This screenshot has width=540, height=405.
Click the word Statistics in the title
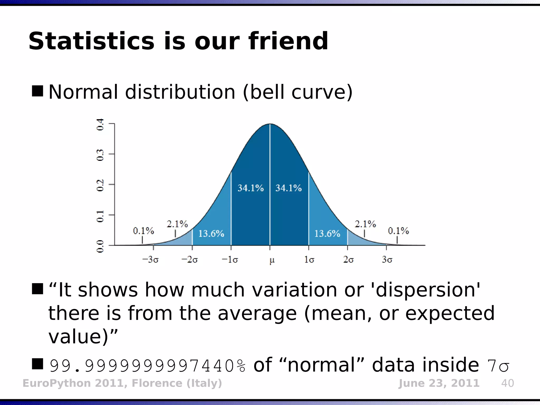click(x=91, y=41)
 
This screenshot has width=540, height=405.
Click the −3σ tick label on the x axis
click(x=150, y=260)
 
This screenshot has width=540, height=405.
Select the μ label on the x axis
click(x=272, y=260)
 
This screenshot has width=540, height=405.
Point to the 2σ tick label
click(x=348, y=260)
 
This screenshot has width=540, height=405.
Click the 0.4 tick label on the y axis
click(x=100, y=124)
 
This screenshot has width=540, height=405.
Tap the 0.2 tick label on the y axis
click(x=100, y=185)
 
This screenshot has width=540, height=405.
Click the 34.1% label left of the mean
click(x=250, y=188)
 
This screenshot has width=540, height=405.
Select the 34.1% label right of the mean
click(x=288, y=188)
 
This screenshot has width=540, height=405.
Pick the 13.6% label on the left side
click(x=211, y=234)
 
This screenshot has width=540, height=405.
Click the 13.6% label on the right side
click(x=327, y=234)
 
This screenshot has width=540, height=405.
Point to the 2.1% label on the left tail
click(x=177, y=224)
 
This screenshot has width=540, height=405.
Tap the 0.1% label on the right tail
click(x=398, y=231)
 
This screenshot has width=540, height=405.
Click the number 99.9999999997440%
click(x=148, y=366)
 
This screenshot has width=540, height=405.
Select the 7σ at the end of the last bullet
click(x=498, y=366)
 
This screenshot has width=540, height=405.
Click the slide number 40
click(x=507, y=383)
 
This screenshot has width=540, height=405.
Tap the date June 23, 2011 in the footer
click(x=439, y=383)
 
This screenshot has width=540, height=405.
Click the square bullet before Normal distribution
click(x=37, y=91)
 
